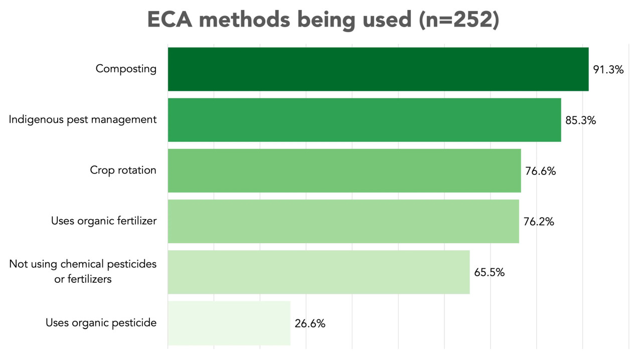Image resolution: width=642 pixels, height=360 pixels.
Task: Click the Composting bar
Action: pos(378,69)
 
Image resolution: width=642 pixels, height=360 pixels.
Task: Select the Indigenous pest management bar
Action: pos(364,120)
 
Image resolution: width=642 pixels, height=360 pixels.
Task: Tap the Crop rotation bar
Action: pos(344,170)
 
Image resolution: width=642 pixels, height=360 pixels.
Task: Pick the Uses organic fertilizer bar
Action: pos(343,221)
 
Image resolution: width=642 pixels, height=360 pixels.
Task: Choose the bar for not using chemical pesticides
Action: pos(318,272)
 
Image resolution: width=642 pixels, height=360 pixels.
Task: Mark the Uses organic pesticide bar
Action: pos(229,323)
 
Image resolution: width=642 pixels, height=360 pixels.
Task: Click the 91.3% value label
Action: pos(608,70)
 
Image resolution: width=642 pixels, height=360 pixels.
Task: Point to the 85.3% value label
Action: pos(581,120)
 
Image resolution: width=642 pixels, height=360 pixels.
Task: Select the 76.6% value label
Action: pos(541,171)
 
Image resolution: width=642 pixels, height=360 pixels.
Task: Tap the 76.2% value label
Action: pos(539,222)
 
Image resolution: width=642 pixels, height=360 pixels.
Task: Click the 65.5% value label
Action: pos(490,273)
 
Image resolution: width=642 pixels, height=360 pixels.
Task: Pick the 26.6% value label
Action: pos(310,323)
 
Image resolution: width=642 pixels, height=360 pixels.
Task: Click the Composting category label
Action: pos(126,69)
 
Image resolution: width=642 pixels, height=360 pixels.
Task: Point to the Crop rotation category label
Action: pos(123,170)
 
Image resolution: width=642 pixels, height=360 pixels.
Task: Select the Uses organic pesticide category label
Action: pos(101,323)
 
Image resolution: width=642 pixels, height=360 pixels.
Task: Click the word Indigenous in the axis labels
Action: pos(36,120)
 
